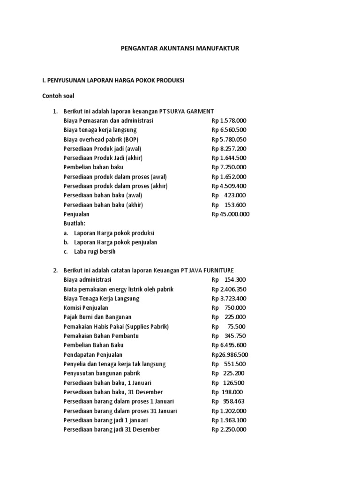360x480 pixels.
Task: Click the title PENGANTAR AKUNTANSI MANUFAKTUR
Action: click(x=180, y=48)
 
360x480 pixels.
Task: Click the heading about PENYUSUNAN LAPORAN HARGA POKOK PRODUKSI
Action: click(x=113, y=81)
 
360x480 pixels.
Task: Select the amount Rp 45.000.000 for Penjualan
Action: click(x=231, y=214)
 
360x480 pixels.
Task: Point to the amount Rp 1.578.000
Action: click(x=229, y=120)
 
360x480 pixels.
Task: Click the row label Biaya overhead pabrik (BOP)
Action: click(x=101, y=139)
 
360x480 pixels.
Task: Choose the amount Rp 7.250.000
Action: click(x=229, y=167)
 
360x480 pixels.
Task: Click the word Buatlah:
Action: click(x=75, y=224)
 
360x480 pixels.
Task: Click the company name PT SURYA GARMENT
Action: click(x=187, y=111)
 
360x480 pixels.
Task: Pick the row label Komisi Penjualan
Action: click(x=86, y=308)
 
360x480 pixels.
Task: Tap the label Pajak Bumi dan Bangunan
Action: click(x=97, y=317)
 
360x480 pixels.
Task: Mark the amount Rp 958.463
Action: click(x=228, y=402)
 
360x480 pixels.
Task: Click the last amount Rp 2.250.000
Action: click(x=229, y=430)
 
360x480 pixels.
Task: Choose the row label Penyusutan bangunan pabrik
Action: click(x=100, y=374)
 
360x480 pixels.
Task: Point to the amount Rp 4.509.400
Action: click(x=229, y=186)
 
